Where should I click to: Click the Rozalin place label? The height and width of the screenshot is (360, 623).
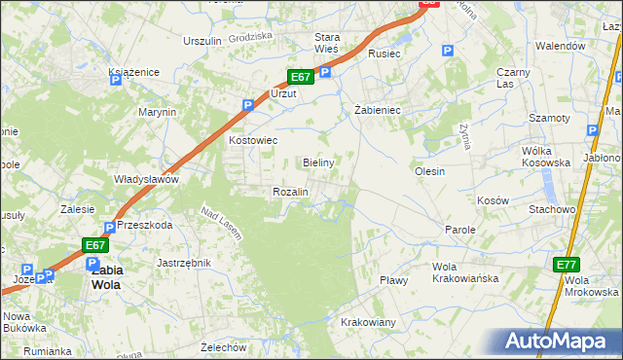(x=290, y=192)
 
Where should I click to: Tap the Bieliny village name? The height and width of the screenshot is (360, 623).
(x=319, y=162)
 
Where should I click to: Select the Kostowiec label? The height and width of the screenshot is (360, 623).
(x=253, y=140)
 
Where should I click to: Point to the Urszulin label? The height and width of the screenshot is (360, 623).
(x=203, y=41)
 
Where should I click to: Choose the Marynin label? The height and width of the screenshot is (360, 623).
(x=157, y=112)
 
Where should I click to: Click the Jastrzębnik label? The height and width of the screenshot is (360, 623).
(x=183, y=263)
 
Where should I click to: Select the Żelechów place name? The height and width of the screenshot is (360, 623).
(x=220, y=346)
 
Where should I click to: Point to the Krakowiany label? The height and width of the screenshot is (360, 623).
(x=368, y=322)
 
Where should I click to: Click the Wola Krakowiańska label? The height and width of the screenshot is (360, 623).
(x=465, y=271)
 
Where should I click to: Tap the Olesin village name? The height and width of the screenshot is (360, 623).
(x=429, y=171)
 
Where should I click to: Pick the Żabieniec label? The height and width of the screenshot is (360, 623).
(x=377, y=110)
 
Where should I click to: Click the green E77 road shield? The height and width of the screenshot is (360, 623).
(x=567, y=265)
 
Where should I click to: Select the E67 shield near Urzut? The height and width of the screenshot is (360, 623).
(x=300, y=77)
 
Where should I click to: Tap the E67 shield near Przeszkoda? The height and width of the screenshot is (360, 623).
(x=93, y=245)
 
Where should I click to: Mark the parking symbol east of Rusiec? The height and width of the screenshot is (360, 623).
(x=447, y=52)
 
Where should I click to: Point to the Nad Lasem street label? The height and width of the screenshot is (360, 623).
(x=221, y=223)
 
